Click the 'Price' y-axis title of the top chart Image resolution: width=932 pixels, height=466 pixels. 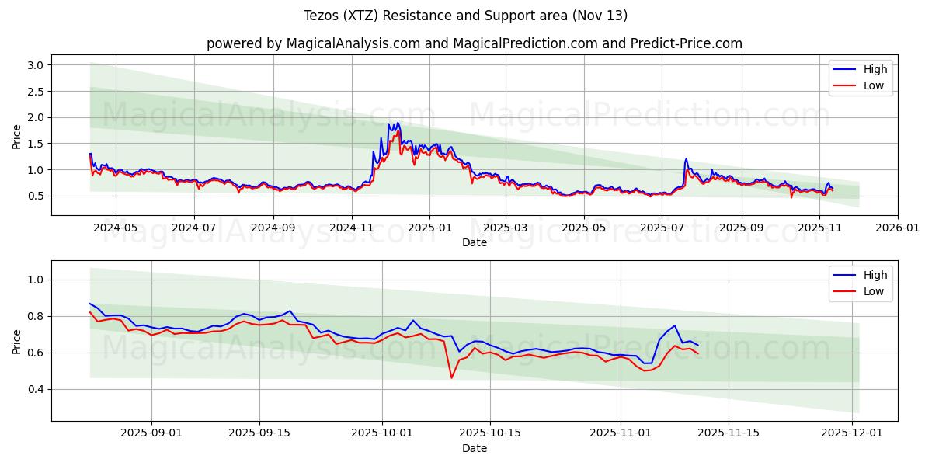(17, 137)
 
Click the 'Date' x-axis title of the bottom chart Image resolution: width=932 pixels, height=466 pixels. (474, 449)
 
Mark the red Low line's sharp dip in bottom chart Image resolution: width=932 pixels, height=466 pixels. (451, 377)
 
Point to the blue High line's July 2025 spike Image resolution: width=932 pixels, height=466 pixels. (686, 159)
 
